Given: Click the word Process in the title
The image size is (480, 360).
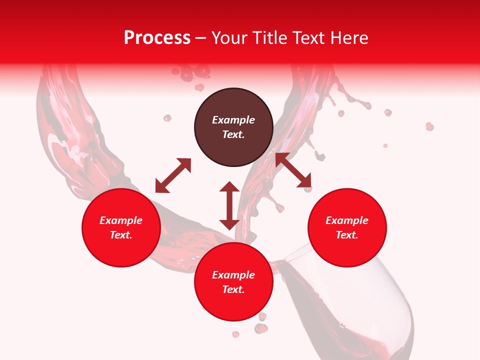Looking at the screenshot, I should point(157,38).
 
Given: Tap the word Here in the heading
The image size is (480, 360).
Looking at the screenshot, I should point(348,38).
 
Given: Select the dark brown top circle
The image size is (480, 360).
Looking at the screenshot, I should point(233,127).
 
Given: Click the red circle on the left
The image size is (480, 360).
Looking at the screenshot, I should point(121,227).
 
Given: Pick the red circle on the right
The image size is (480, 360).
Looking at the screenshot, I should point(347,227).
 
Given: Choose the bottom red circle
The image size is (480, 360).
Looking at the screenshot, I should point(233,282).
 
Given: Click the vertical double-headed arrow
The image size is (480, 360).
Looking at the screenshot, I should point(229,205).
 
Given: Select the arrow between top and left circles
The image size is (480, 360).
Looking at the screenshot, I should point(173,175).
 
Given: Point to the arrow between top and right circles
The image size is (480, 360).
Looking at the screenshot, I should point(293,170).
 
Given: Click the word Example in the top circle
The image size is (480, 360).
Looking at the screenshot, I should point(233,120).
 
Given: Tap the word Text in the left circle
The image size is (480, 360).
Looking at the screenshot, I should point(121,235).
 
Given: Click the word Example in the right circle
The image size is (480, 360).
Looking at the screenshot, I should point(347,220).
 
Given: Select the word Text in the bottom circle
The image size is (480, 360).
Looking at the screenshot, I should point(233,289).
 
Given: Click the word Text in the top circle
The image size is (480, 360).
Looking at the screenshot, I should point(233,134).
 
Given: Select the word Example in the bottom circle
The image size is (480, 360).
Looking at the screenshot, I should point(233,275).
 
